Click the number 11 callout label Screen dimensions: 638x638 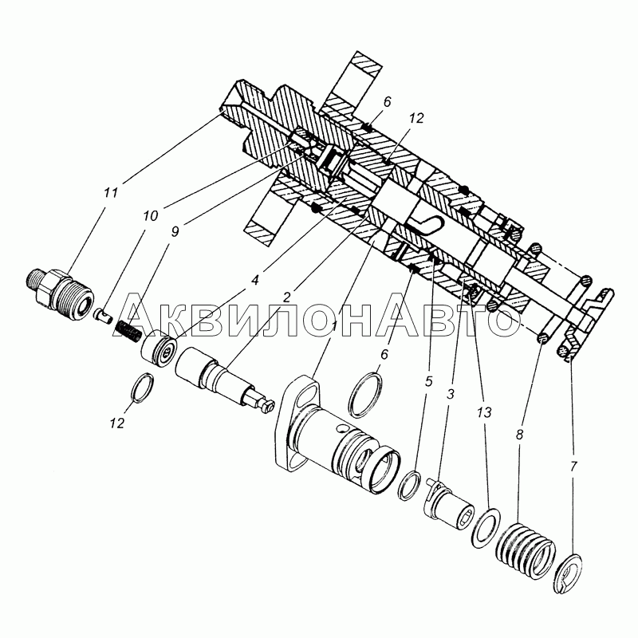click(x=110, y=192)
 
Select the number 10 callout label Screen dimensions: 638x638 click(x=150, y=215)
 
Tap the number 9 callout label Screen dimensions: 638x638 click(x=175, y=232)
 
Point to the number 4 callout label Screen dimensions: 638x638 click(x=254, y=281)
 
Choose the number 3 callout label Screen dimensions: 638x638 click(x=450, y=394)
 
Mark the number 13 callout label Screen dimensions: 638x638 click(x=484, y=412)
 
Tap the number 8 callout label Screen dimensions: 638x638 click(x=519, y=435)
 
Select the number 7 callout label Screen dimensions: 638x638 click(x=573, y=467)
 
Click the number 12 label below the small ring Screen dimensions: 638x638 click(x=116, y=423)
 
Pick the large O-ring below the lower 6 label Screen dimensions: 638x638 click(x=366, y=394)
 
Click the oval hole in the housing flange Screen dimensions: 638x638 click(x=308, y=395)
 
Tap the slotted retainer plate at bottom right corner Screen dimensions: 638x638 click(x=568, y=573)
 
